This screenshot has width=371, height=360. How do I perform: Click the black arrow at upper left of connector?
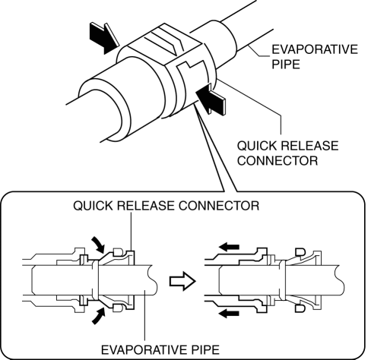[103, 37]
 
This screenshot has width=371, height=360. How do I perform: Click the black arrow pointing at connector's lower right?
[211, 99]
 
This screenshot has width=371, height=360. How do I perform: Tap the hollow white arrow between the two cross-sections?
[182, 281]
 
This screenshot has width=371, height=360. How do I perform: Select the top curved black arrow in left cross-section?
[98, 244]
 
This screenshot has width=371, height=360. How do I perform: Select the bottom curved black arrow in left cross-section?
[98, 315]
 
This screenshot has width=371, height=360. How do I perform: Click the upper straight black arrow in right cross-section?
[229, 247]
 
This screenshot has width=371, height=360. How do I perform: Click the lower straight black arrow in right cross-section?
[229, 314]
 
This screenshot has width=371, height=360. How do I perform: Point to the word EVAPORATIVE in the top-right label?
[315, 49]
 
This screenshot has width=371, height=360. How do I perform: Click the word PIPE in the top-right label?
[286, 65]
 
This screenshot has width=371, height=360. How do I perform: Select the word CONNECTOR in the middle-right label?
[277, 160]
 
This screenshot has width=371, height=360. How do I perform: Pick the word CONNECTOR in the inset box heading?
[219, 206]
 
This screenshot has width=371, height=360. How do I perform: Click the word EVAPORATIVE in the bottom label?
[144, 350]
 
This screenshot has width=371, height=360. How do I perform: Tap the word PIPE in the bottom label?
[205, 350]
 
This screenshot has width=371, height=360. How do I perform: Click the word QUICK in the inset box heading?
[93, 206]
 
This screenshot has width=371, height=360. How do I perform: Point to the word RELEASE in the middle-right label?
[309, 146]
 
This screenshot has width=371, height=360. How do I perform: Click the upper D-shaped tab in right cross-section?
[300, 252]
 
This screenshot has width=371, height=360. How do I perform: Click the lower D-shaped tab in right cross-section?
[300, 308]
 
